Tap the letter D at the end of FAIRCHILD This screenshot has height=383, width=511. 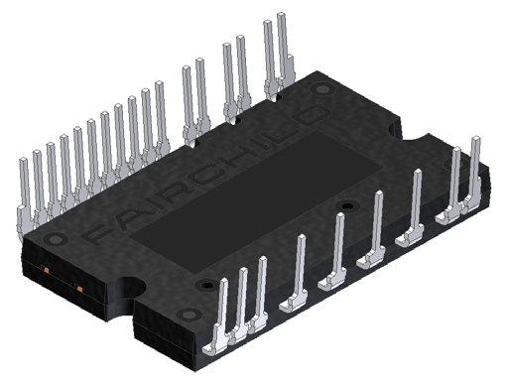coord(310,115)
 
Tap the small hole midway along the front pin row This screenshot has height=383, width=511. coord(344,205)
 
